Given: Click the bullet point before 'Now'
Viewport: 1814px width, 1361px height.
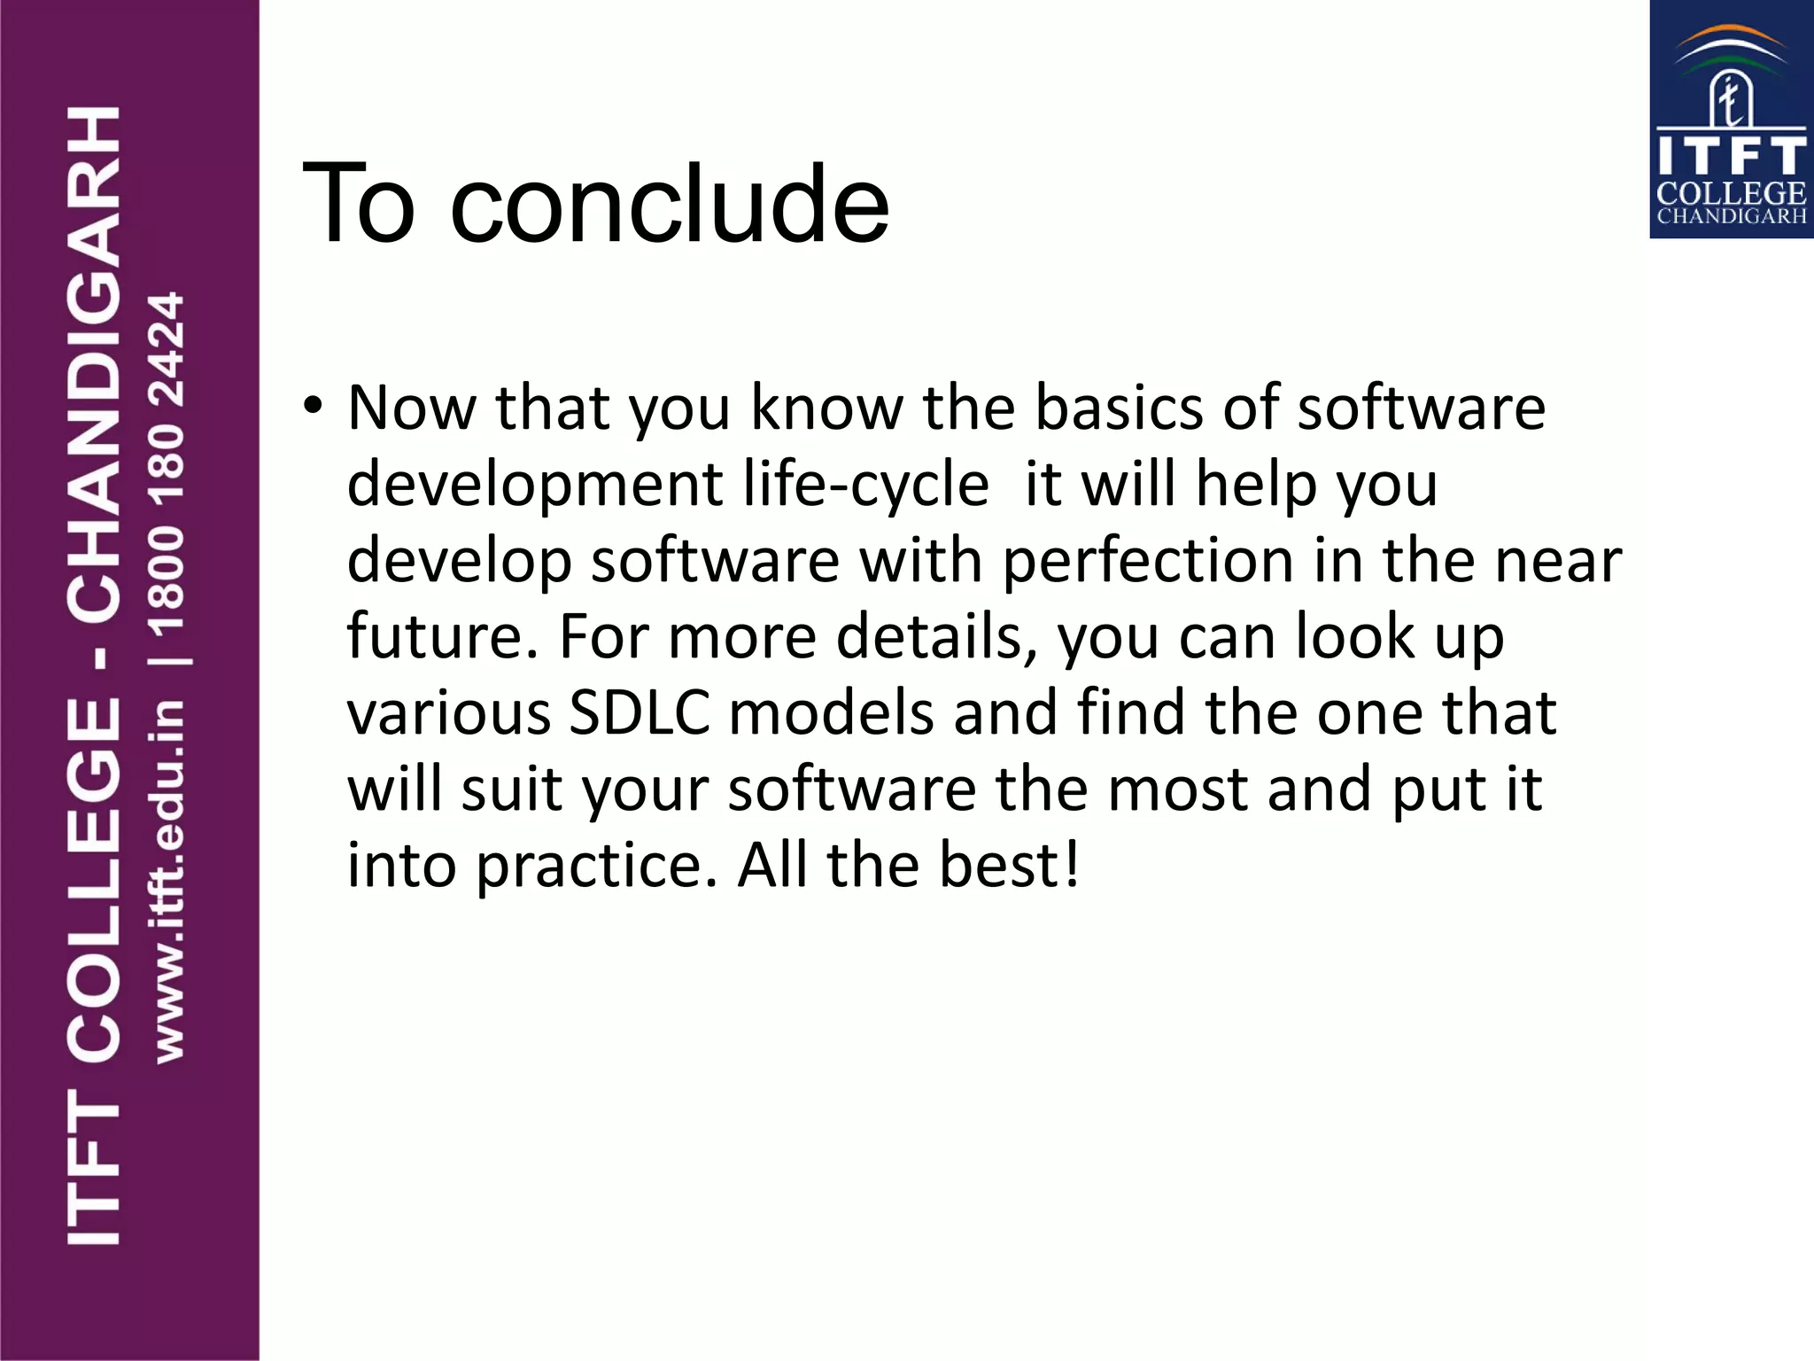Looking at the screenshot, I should coord(312,407).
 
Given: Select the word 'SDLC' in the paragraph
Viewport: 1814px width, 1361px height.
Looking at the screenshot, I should coord(640,712).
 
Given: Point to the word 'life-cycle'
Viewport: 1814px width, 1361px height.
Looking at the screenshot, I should coord(865,485).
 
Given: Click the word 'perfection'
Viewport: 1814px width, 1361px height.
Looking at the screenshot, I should coord(1148,561).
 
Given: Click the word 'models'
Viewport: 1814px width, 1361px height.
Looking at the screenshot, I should coord(831,712).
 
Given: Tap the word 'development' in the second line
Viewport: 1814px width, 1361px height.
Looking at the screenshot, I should coord(535,485).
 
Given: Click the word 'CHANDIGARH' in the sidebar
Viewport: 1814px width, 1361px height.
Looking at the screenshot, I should coord(93,363).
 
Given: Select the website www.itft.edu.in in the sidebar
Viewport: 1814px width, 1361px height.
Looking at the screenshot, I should coord(168,882).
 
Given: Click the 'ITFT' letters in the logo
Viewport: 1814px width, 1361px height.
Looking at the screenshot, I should coord(1731,156).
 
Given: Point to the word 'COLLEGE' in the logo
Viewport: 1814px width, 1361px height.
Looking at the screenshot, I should coord(1731,192).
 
